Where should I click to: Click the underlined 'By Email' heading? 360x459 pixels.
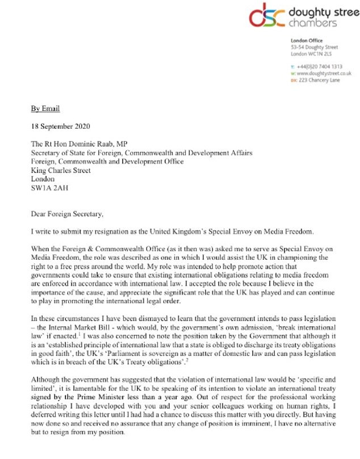tap(46, 108)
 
